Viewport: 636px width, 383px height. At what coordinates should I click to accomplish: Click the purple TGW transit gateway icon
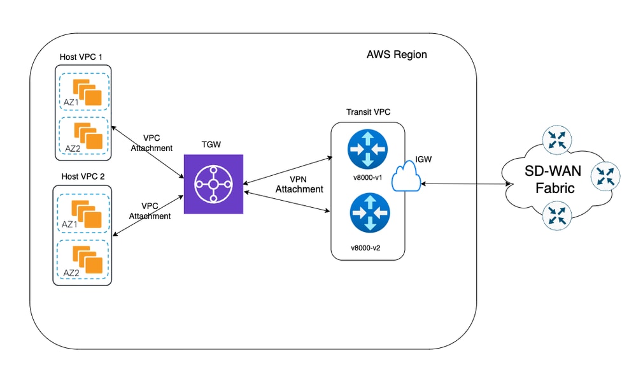[x=213, y=184]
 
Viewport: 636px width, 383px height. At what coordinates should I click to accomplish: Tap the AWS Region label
[x=397, y=54]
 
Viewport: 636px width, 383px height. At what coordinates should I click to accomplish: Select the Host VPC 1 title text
[x=81, y=57]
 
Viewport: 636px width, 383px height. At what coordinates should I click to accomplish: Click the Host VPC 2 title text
[x=83, y=177]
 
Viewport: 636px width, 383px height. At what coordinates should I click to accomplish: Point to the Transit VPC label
[x=369, y=112]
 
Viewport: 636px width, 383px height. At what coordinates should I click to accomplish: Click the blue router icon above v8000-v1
[x=367, y=149]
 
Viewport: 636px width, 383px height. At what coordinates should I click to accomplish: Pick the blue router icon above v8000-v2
[x=370, y=213]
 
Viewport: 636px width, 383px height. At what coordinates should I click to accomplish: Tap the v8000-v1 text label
[x=367, y=178]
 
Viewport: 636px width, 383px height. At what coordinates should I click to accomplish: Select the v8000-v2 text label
[x=365, y=248]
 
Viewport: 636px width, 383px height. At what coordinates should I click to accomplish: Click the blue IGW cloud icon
[x=406, y=176]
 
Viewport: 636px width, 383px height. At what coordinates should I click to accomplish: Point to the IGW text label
[x=423, y=159]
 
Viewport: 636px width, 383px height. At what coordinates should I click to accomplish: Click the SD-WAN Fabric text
[x=554, y=179]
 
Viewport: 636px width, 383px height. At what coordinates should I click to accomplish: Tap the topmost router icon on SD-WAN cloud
[x=557, y=140]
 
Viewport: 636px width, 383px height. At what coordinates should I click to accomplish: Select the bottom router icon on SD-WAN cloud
[x=557, y=215]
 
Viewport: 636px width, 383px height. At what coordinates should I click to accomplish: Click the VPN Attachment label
[x=299, y=184]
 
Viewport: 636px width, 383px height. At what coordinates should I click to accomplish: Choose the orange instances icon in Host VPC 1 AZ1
[x=87, y=92]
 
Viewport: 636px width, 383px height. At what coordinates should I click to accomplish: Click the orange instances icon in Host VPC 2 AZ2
[x=88, y=260]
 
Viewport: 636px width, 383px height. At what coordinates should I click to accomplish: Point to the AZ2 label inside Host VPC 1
[x=73, y=148]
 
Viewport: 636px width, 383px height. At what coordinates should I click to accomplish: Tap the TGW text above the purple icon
[x=211, y=145]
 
